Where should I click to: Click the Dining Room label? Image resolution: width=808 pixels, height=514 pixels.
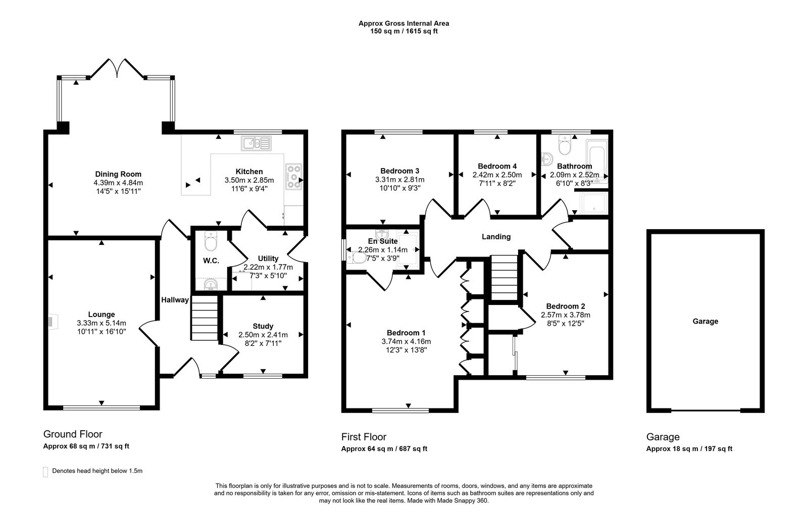point(118,174)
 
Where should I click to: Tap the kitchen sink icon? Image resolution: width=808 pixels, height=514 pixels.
point(256,143)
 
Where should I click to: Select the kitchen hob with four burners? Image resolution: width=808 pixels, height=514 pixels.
point(293,177)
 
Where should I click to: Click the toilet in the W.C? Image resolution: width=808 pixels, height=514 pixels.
point(210,242)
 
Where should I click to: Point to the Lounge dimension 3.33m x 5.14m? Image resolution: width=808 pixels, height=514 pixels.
point(102,323)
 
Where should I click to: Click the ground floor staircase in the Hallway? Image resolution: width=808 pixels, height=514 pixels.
point(205,319)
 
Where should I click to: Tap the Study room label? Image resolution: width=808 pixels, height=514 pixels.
point(263,326)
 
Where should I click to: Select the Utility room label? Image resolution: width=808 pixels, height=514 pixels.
point(268,259)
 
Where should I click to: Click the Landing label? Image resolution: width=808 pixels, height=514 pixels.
point(496,236)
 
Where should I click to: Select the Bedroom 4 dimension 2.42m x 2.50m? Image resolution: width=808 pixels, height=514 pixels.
point(497,175)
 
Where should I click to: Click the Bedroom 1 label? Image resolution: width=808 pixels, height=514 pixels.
point(406,333)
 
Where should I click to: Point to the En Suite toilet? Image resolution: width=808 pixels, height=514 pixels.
point(358,258)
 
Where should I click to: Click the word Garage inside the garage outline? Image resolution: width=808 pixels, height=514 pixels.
point(705,321)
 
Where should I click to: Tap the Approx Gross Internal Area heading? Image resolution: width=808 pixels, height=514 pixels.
point(403,23)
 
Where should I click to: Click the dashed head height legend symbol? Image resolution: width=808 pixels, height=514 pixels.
point(45,472)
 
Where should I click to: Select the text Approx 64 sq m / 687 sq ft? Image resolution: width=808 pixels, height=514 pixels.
point(384,449)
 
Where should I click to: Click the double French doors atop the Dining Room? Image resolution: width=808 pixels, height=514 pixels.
point(117,68)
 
